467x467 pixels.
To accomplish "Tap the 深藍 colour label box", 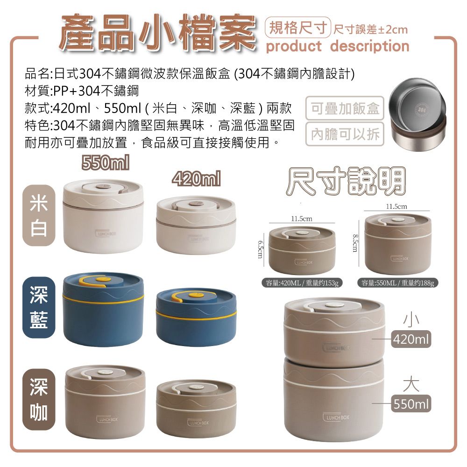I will coord(39,308).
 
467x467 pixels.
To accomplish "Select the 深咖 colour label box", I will coord(39,400).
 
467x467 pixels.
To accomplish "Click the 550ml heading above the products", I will coord(105,163).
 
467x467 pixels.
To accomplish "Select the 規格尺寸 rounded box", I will coord(297,29).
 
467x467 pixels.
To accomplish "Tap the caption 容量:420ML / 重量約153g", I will coord(303,283).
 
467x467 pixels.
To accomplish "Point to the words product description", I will coord(337,46).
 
